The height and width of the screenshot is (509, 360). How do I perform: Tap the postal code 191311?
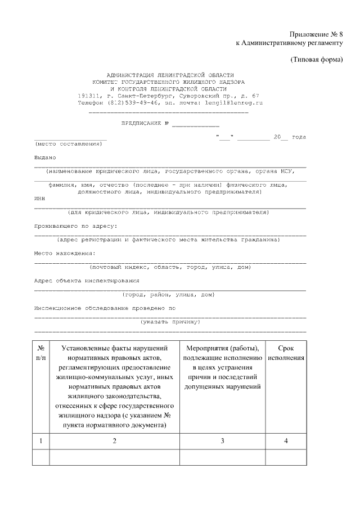coord(89,96)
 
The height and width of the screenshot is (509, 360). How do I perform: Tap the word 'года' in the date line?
coord(299,137)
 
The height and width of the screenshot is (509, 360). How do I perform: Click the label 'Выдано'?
coord(45,157)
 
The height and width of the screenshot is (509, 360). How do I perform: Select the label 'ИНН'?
coord(39,199)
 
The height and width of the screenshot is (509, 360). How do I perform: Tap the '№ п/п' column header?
coord(41,353)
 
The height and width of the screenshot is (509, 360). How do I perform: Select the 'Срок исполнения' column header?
coord(286,353)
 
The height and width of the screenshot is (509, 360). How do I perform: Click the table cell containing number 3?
coord(222,441)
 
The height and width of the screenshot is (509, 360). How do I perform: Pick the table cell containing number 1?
coord(41,441)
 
